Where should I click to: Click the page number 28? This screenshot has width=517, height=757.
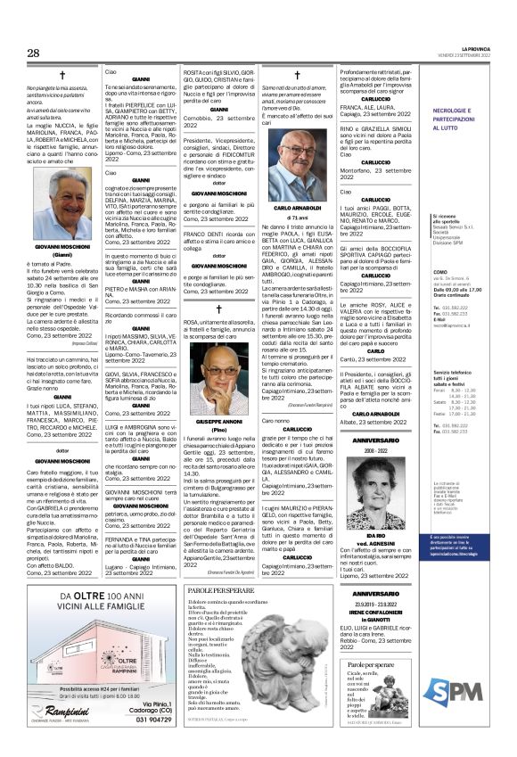point(32,53)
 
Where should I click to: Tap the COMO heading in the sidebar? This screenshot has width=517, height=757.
point(464,271)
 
